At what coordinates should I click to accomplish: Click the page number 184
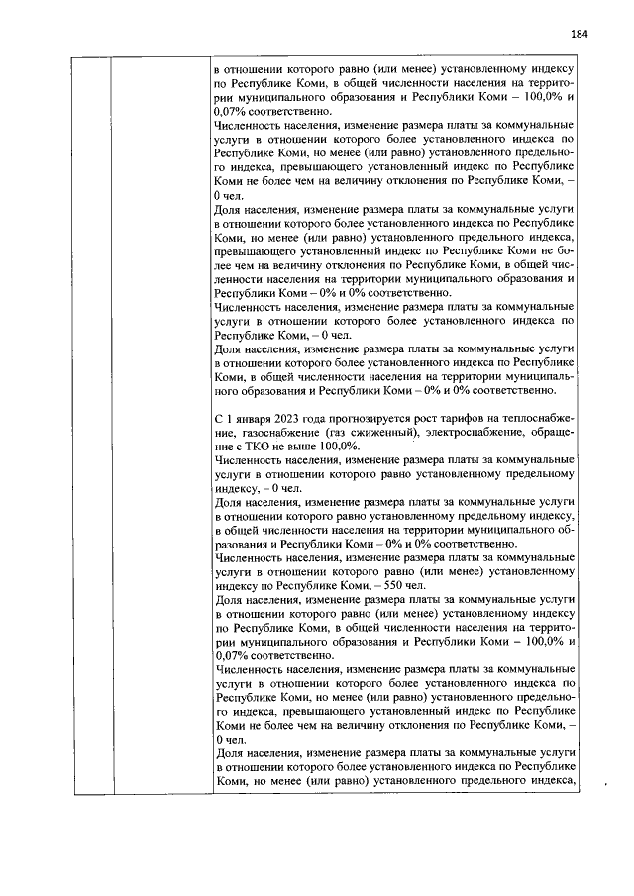[x=580, y=35]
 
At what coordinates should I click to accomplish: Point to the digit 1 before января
[x=228, y=420]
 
